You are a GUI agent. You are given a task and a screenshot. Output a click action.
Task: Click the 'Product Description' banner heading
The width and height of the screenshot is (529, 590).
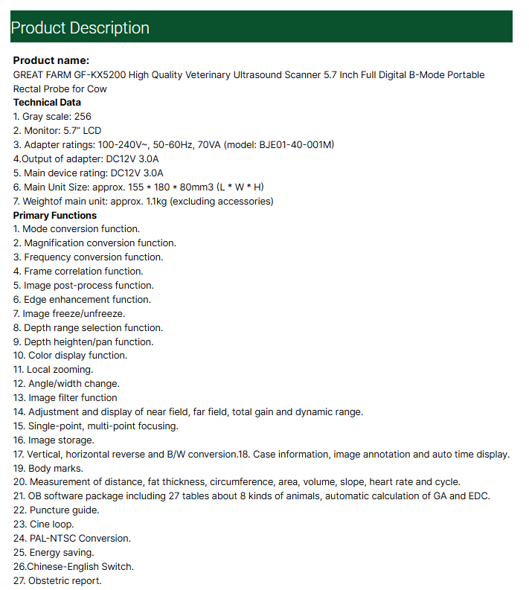tap(80, 28)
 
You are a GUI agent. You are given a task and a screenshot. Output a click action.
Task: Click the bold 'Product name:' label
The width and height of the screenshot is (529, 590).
tap(51, 60)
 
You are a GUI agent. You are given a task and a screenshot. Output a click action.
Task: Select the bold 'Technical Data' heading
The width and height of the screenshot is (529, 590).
tap(47, 103)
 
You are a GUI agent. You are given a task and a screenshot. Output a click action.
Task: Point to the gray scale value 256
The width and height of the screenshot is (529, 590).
tap(83, 117)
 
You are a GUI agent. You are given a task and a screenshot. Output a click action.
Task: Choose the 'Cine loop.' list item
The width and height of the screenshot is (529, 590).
tap(51, 525)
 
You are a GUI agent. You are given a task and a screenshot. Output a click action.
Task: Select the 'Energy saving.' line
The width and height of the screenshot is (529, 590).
tap(61, 553)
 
